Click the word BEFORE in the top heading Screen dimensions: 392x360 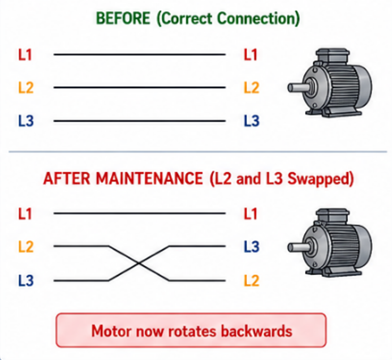123,18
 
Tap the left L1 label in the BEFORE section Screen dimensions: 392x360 25,54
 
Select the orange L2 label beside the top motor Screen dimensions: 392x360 252,88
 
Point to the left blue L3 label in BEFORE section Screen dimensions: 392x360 26,121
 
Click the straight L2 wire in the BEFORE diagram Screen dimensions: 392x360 140,87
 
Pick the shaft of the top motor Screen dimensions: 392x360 299,88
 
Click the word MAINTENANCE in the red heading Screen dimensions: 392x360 149,179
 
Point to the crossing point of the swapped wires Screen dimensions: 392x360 139,263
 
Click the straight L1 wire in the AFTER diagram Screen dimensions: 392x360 140,213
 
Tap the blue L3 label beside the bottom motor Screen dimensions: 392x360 252,246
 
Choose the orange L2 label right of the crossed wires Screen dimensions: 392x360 252,280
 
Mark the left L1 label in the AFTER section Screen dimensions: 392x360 25,214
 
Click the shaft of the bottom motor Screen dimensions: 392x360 299,248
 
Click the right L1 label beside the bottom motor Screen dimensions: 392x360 251,214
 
